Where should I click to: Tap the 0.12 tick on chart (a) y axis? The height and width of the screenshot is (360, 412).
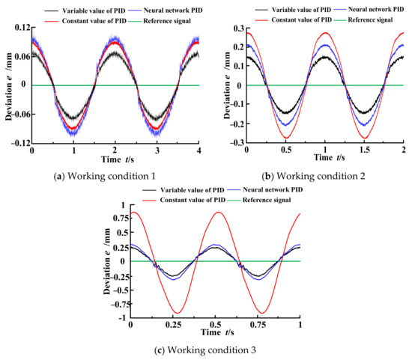click(x=19, y=28)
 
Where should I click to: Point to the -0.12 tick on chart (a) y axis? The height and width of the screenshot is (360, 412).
click(x=16, y=142)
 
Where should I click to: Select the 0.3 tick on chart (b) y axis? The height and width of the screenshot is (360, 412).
click(x=236, y=28)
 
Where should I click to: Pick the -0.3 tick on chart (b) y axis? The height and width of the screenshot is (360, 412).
click(x=234, y=142)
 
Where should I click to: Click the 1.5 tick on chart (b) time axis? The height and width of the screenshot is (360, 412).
click(x=363, y=151)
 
